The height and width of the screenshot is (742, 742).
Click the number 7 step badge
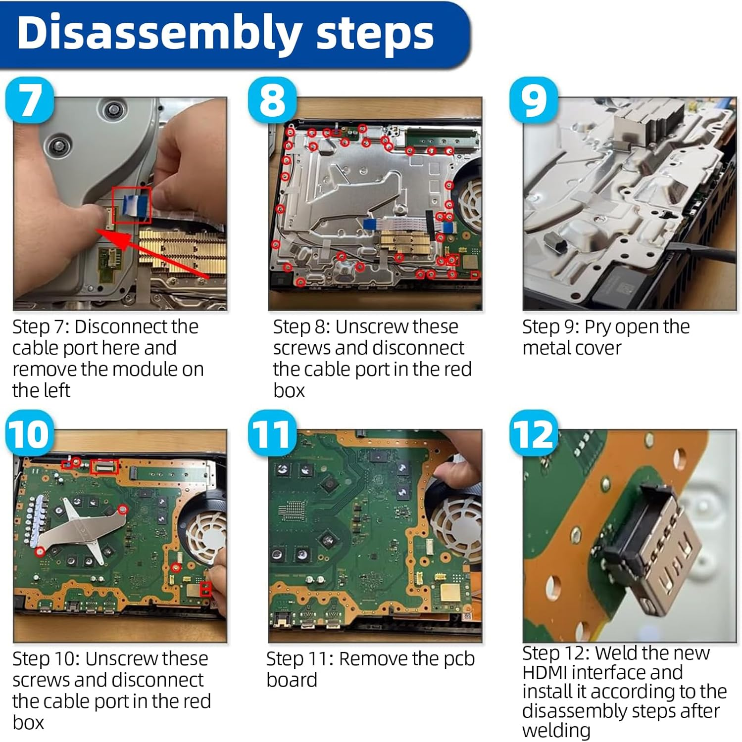point(30,100)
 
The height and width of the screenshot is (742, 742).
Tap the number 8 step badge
point(272,100)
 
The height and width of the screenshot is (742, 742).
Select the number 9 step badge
point(534,100)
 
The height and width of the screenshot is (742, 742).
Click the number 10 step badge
point(30,433)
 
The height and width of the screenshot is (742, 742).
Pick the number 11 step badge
point(272,433)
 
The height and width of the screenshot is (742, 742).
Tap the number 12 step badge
point(534,433)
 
